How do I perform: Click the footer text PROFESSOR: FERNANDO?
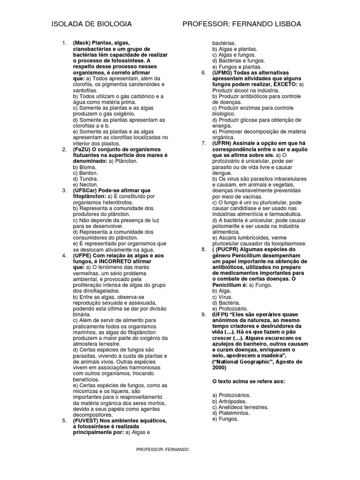(x=163, y=450)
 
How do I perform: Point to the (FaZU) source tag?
(x=83, y=149)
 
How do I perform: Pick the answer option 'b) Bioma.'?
(x=85, y=167)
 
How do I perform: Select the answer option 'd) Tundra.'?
(x=86, y=179)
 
